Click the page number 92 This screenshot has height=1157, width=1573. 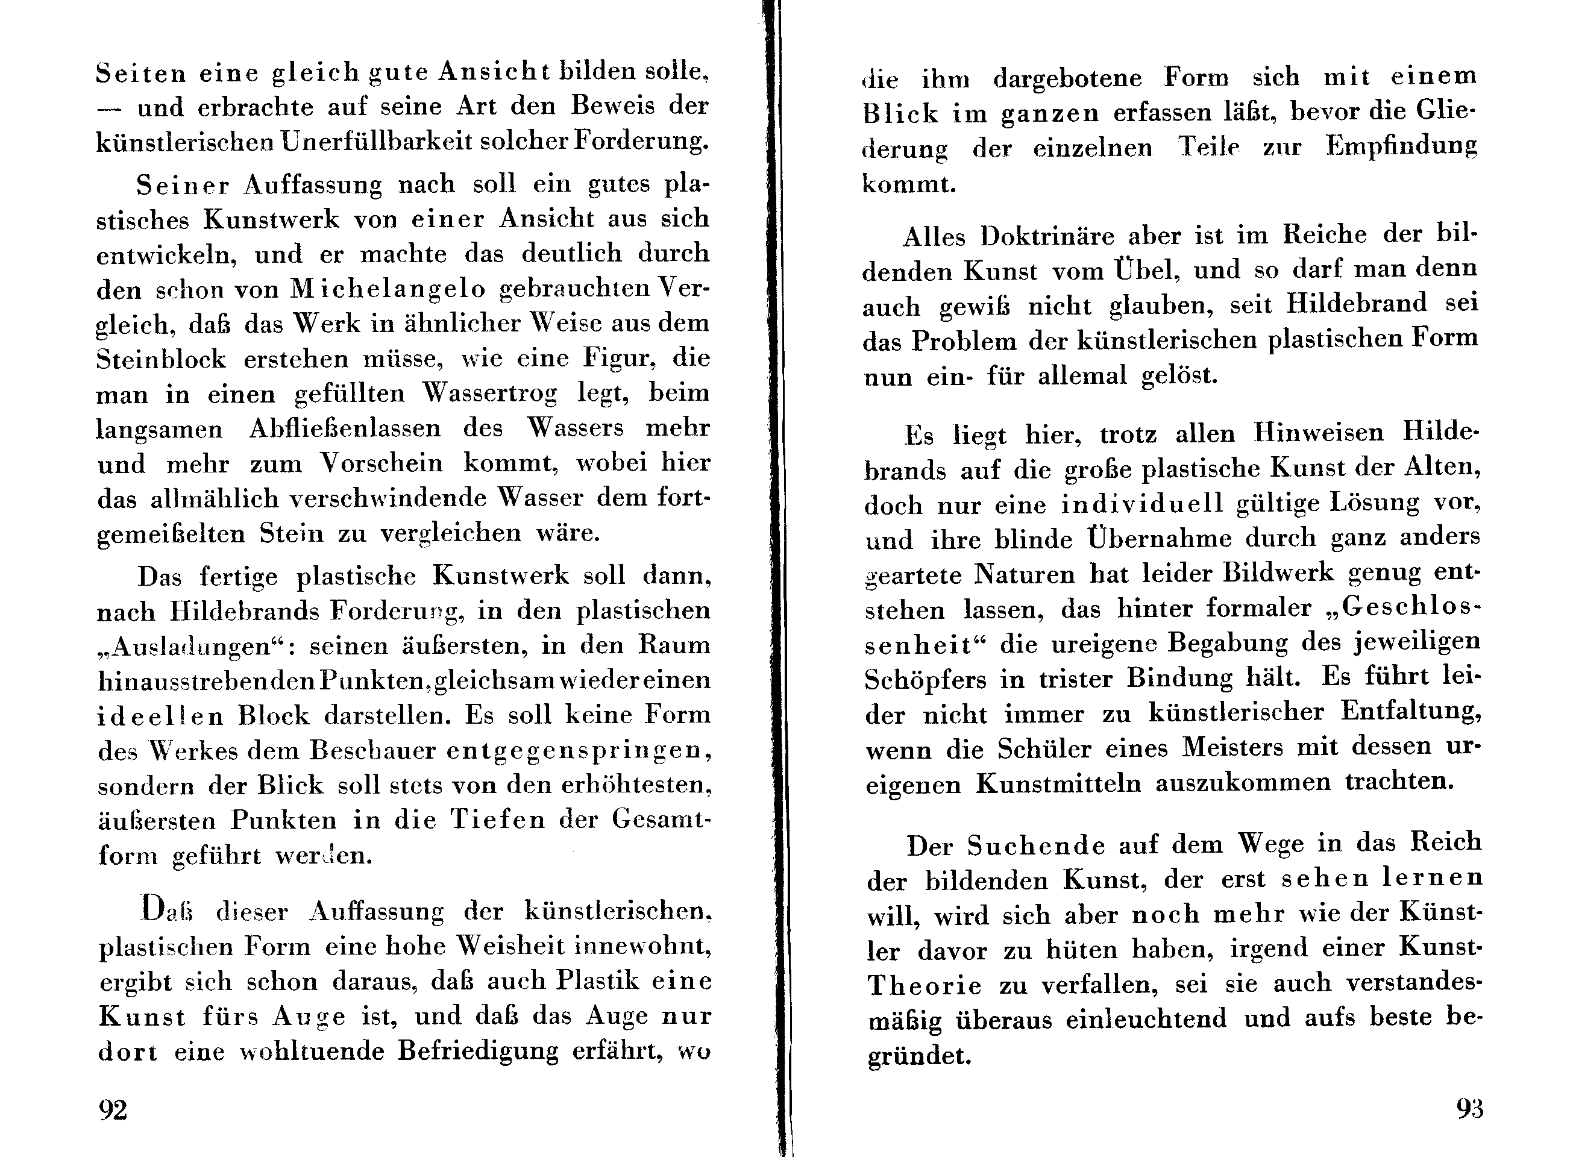pyautogui.click(x=113, y=1110)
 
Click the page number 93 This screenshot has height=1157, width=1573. pyautogui.click(x=1469, y=1109)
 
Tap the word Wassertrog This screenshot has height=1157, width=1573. pyautogui.click(x=489, y=394)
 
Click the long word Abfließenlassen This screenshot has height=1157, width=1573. pyautogui.click(x=345, y=428)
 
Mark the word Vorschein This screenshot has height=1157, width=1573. pyautogui.click(x=381, y=463)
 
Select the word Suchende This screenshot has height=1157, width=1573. pyautogui.click(x=1037, y=846)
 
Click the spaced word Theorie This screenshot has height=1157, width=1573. pyautogui.click(x=925, y=985)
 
